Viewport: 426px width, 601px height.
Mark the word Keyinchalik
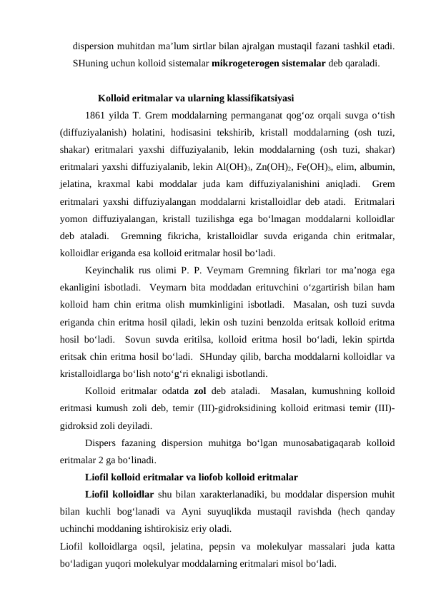112,271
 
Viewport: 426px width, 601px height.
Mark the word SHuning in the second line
91,63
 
